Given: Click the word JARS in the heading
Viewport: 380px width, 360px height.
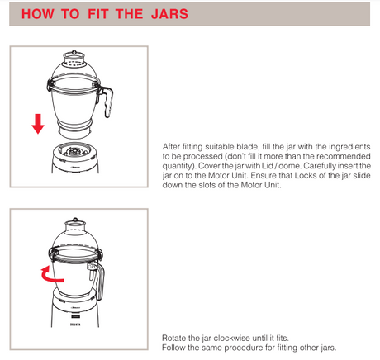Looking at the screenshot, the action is [169, 14].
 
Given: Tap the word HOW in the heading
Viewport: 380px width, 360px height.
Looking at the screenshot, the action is [38, 14].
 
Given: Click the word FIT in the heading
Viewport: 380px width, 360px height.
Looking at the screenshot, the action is [97, 14].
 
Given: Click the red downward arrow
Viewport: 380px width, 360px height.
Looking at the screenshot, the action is [38, 124].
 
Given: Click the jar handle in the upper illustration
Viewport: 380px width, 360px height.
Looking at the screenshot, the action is [107, 101].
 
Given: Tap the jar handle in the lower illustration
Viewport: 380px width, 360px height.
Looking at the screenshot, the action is [100, 281].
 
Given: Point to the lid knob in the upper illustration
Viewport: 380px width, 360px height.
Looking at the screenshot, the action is [74, 52].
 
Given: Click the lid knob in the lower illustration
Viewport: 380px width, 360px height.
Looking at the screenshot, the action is [75, 220].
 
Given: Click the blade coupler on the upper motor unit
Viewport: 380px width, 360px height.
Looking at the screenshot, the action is [74, 151].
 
